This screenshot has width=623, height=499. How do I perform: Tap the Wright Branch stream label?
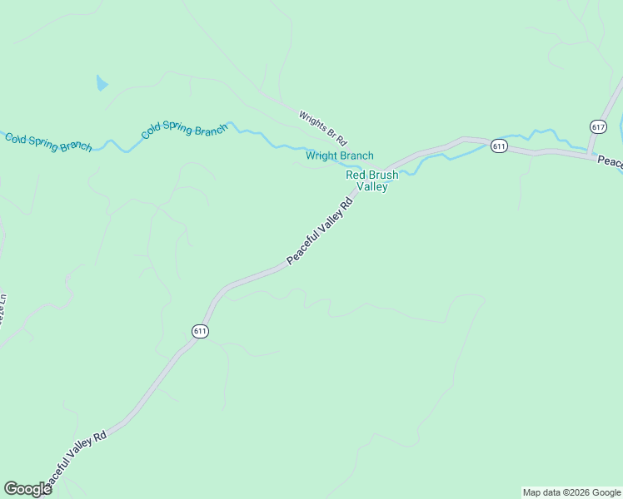pos(339,156)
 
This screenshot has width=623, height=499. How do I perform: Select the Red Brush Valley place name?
pos(372,180)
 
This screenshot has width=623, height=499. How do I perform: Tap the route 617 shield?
pos(597,126)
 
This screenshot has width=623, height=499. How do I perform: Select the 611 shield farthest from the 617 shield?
pos(200,331)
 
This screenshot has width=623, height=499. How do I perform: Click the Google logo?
pos(27,489)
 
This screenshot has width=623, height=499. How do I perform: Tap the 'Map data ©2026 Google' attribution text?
pos(571,492)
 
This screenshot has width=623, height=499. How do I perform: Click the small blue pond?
pos(102,82)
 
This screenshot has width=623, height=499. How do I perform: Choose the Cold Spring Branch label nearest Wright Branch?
pos(184,130)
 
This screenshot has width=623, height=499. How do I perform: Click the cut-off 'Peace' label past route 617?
pos(609,161)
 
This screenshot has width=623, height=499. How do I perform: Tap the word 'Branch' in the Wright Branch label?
pos(356,156)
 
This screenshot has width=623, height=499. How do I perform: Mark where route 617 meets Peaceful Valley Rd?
pos(590,154)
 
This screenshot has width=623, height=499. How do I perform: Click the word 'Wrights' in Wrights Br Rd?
pos(312,119)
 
